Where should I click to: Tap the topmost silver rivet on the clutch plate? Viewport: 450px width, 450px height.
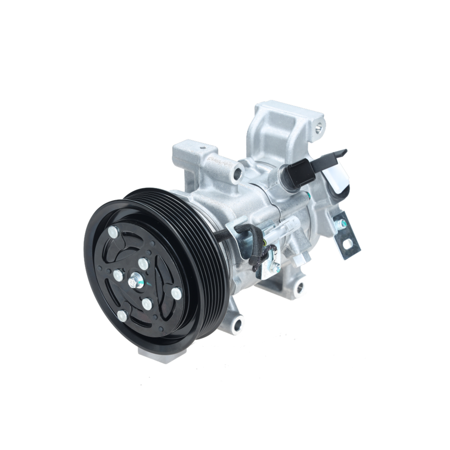tap(113, 232)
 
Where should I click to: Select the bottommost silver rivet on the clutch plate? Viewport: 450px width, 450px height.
tap(122, 316)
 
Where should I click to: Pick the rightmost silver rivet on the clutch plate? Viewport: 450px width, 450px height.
tap(176, 293)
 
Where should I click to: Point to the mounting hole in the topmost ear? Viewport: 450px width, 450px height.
tap(319, 128)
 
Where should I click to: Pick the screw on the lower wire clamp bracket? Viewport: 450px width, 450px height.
tap(274, 268)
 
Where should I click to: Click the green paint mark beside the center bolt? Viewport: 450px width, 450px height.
tap(141, 284)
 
